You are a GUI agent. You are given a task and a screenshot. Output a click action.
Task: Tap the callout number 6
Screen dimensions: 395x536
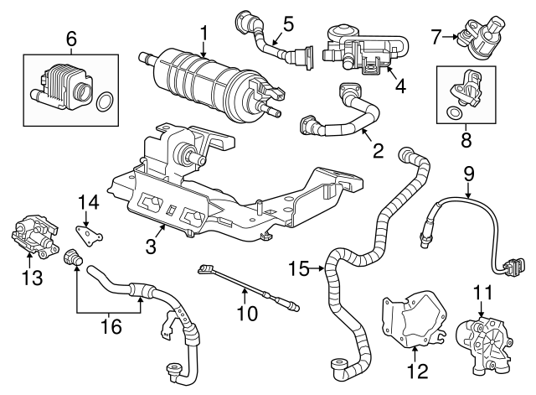tap(70, 37)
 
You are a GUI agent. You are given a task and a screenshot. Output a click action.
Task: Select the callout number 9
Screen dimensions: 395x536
tap(468, 174)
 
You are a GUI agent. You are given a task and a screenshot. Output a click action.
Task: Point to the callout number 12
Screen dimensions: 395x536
tap(416, 370)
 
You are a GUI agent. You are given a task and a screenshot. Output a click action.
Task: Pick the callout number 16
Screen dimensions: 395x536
tap(108, 325)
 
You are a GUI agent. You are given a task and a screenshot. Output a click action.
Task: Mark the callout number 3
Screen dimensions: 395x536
tap(151, 247)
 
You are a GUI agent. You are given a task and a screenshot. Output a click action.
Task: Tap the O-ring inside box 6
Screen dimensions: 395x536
tap(105, 103)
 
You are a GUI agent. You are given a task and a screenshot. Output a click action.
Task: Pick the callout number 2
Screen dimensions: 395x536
tap(378, 151)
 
